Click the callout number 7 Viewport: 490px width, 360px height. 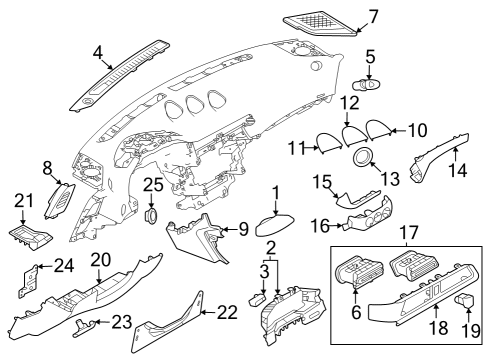[373, 16]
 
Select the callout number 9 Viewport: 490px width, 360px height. [242, 229]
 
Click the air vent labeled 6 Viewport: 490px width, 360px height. [356, 273]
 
